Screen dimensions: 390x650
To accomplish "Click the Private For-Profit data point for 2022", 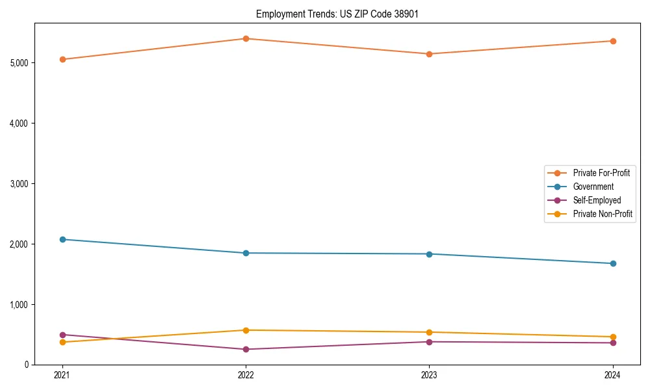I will point(246,38).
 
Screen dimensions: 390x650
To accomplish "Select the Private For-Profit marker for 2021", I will point(62,59).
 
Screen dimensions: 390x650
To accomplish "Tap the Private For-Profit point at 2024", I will point(613,41).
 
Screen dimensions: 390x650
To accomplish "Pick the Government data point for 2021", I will point(62,239).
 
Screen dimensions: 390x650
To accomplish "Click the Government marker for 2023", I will point(429,254).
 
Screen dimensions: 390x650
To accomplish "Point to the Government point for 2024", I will point(613,263).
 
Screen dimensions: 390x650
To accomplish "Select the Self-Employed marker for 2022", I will point(246,349).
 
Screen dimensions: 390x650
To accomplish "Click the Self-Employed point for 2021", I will point(62,335).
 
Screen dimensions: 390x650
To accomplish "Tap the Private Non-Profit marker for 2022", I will point(246,330).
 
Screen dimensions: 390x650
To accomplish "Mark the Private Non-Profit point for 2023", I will point(429,332).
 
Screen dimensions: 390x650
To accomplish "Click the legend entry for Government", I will point(593,187).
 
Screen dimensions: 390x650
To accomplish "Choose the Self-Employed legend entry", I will point(597,200).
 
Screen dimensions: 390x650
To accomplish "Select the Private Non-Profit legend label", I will point(603,214).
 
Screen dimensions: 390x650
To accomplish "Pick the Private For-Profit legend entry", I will point(601,173).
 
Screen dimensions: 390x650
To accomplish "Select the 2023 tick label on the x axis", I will point(429,375).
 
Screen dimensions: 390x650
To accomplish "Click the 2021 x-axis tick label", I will point(62,375).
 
